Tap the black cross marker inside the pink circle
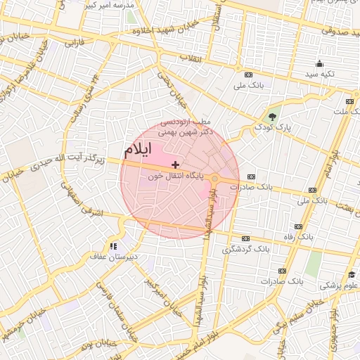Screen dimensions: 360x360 [175, 164]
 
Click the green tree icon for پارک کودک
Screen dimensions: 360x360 [272, 116]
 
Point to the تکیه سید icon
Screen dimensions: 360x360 [320, 64]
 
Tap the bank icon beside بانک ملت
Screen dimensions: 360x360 [349, 101]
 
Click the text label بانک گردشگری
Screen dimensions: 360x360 [246, 249]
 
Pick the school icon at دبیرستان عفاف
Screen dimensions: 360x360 [112, 246]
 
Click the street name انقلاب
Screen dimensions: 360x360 [191, 58]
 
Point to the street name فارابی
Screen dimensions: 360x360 [74, 44]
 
